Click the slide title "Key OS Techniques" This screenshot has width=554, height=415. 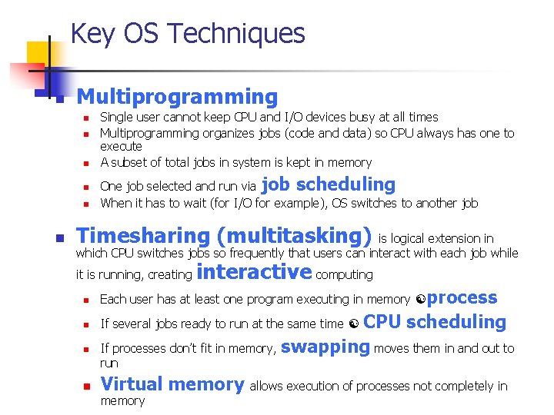pyautogui.click(x=187, y=34)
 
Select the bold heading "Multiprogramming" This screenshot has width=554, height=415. pyautogui.click(x=177, y=97)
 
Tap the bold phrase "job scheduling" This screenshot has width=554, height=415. pyautogui.click(x=329, y=184)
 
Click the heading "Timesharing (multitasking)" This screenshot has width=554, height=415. pyautogui.click(x=224, y=235)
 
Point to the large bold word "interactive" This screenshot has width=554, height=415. pyautogui.click(x=254, y=272)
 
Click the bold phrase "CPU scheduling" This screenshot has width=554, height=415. pyautogui.click(x=434, y=322)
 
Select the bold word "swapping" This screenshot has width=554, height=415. pyautogui.click(x=325, y=346)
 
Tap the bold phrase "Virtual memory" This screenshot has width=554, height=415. pyautogui.click(x=172, y=384)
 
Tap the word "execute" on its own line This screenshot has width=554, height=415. pyautogui.click(x=121, y=146)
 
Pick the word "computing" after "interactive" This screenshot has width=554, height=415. pyautogui.click(x=344, y=274)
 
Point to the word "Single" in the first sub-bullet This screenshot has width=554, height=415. pyautogui.click(x=116, y=118)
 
